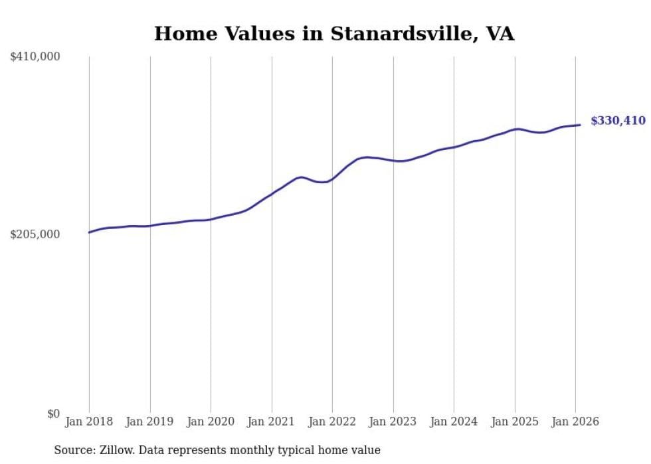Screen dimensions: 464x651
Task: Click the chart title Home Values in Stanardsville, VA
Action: (x=334, y=33)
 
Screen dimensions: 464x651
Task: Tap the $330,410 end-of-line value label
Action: (x=618, y=121)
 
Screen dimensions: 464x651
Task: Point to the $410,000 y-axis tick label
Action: (x=35, y=57)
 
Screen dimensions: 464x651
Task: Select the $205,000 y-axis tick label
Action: (x=35, y=234)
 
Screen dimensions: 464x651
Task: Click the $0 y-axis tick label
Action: (x=53, y=414)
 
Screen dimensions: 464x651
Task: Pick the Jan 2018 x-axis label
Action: (x=89, y=422)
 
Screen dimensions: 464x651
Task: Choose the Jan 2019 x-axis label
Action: (x=150, y=422)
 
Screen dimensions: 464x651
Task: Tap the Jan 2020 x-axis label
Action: (x=211, y=422)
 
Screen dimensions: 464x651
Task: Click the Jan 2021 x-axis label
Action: (x=272, y=422)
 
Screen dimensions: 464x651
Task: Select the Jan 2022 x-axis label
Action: (x=332, y=422)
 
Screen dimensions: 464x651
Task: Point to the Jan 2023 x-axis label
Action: (x=393, y=422)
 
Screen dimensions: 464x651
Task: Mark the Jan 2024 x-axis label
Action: (x=454, y=422)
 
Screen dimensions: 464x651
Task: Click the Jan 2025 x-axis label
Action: (x=515, y=422)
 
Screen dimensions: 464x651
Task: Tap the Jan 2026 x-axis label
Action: (x=575, y=422)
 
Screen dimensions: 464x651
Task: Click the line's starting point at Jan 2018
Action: (x=89, y=232)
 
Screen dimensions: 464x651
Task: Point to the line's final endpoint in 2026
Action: (x=581, y=125)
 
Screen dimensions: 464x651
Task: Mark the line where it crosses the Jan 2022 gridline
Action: (x=332, y=179)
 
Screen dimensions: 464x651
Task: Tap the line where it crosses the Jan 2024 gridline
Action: (x=454, y=147)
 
